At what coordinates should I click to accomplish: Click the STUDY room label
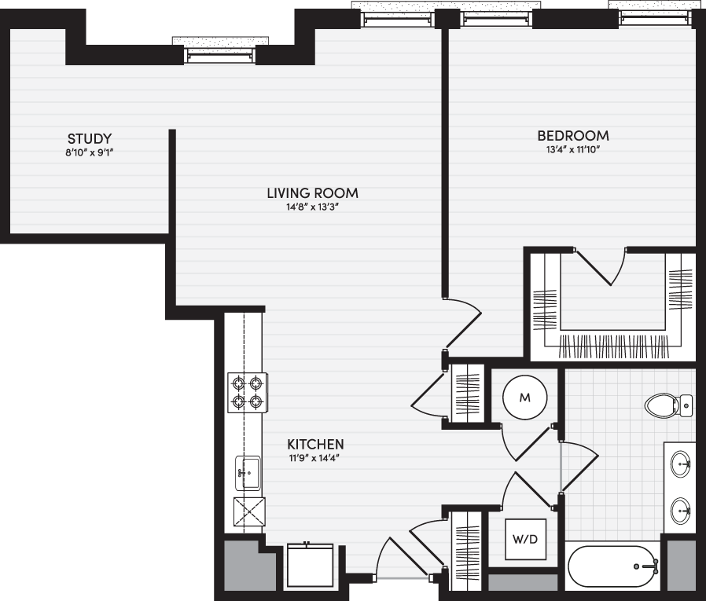(x=89, y=138)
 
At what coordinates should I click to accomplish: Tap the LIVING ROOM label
(x=312, y=193)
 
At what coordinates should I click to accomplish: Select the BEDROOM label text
(x=573, y=136)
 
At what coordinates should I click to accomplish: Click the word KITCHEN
(x=315, y=445)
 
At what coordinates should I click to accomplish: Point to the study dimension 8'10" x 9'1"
(x=89, y=152)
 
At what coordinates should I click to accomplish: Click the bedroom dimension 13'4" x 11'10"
(x=573, y=150)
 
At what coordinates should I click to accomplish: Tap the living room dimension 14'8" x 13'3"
(x=312, y=207)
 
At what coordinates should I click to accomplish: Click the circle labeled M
(x=525, y=398)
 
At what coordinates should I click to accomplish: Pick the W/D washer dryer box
(x=525, y=538)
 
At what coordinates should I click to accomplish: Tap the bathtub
(x=613, y=566)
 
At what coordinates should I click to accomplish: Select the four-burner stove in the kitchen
(x=247, y=392)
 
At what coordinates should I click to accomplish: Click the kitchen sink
(x=247, y=473)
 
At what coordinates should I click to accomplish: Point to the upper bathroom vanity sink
(x=680, y=464)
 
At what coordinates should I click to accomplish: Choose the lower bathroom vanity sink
(x=680, y=511)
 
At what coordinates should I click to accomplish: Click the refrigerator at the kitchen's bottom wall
(x=311, y=565)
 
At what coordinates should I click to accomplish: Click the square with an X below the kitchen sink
(x=249, y=512)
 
